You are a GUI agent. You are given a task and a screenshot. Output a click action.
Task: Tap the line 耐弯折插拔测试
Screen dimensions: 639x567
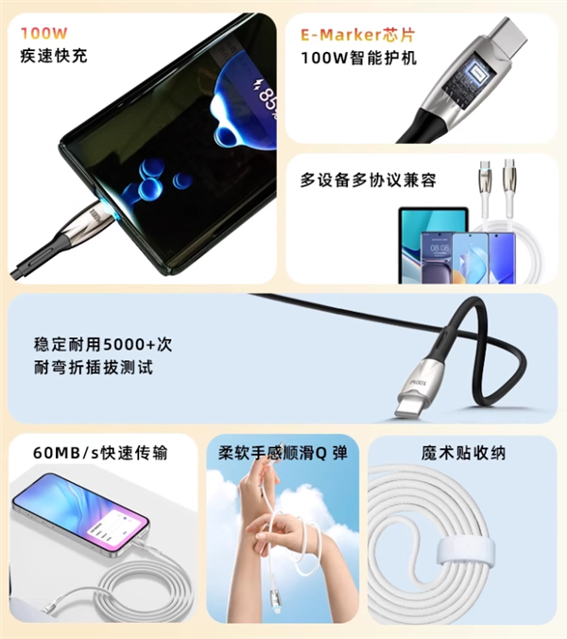pos(92,368)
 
